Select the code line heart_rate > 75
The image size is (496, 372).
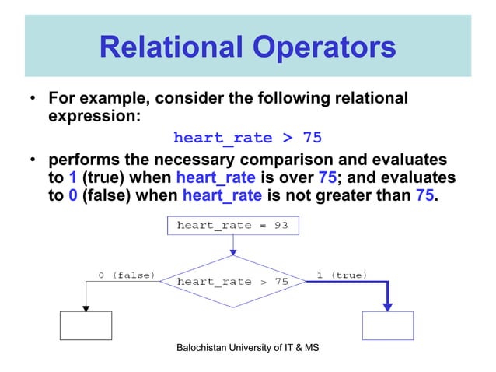247,139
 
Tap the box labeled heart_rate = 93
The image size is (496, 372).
233,226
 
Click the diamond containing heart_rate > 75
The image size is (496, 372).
233,281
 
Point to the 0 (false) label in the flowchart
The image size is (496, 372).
125,274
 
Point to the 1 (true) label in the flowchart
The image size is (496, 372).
341,274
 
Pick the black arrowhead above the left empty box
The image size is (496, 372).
86,307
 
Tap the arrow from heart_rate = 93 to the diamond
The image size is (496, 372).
233,245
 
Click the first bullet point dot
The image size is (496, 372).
33,100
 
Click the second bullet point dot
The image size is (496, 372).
33,160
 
